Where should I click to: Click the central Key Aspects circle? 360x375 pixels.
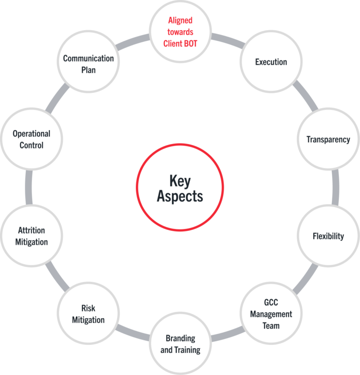(x=180, y=188)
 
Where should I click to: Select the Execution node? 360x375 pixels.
(x=271, y=62)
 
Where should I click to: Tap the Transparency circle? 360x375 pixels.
(x=328, y=139)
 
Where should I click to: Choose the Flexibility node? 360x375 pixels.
(x=328, y=236)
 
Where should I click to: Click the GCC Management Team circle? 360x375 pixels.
(x=271, y=314)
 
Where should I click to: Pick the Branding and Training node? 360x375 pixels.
(x=180, y=344)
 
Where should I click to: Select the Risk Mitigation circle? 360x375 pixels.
(x=88, y=314)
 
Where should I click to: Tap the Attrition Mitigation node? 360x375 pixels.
(x=32, y=236)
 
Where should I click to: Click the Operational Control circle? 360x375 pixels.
(x=31, y=139)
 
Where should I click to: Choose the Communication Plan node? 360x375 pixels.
(x=88, y=64)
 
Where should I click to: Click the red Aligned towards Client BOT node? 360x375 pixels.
(x=180, y=32)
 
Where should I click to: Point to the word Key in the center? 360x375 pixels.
(x=180, y=181)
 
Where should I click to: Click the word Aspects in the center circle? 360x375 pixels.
(x=180, y=196)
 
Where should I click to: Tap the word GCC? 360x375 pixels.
(x=271, y=303)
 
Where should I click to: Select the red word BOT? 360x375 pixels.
(x=190, y=44)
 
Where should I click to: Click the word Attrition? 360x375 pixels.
(x=31, y=230)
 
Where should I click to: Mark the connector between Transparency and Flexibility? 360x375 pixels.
(x=336, y=188)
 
